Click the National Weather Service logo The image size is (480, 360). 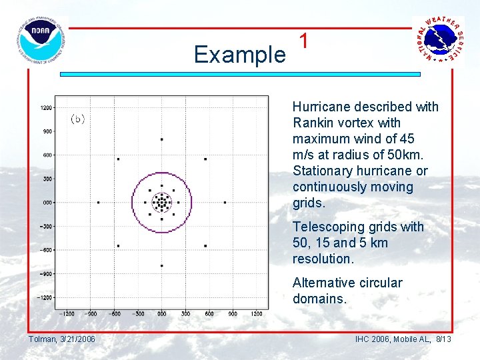[438, 39]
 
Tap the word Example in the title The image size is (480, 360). [239, 55]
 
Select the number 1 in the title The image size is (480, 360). [304, 41]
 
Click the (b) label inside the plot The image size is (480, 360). [78, 119]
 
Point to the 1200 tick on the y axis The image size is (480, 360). [47, 107]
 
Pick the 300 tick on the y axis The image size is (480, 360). [47, 179]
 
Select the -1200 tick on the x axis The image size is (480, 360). [67, 313]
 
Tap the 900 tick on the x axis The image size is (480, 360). [232, 313]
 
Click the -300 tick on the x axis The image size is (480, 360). [138, 313]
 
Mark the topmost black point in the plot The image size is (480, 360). [161, 139]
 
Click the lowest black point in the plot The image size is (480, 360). [161, 265]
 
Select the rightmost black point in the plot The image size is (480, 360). [225, 202]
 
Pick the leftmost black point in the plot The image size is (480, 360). [98, 202]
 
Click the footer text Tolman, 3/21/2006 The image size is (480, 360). [62, 339]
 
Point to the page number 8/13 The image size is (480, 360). [443, 339]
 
